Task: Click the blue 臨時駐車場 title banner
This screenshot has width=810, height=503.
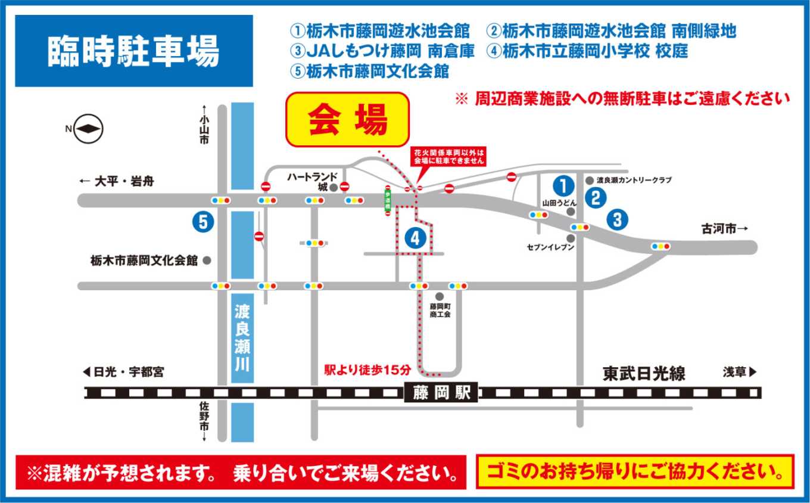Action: [133, 51]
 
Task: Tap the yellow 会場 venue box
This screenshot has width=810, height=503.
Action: [348, 119]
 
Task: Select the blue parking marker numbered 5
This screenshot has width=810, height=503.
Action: [203, 222]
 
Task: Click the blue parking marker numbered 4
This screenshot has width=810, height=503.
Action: [415, 238]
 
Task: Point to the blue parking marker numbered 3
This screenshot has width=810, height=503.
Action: [617, 219]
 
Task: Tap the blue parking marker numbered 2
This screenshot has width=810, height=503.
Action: [595, 197]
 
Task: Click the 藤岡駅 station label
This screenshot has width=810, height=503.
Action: [441, 393]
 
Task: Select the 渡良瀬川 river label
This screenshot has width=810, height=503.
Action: [242, 338]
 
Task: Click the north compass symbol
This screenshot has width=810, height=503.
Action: [89, 129]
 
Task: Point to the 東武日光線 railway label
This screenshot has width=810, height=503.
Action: [644, 374]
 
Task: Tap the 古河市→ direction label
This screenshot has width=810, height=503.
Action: [723, 229]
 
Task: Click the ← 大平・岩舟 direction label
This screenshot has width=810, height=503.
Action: [116, 181]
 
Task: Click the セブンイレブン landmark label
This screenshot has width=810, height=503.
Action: [550, 246]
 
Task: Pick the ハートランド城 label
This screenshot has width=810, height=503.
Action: [312, 181]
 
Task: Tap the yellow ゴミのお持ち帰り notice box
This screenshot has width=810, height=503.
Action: [635, 472]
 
